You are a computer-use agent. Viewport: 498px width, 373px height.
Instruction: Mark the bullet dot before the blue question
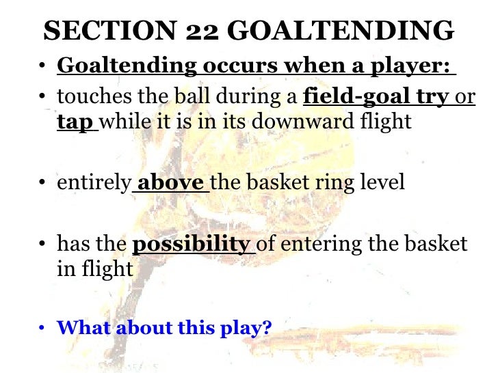coord(42,329)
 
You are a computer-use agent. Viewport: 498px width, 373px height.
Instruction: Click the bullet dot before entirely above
coord(42,184)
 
